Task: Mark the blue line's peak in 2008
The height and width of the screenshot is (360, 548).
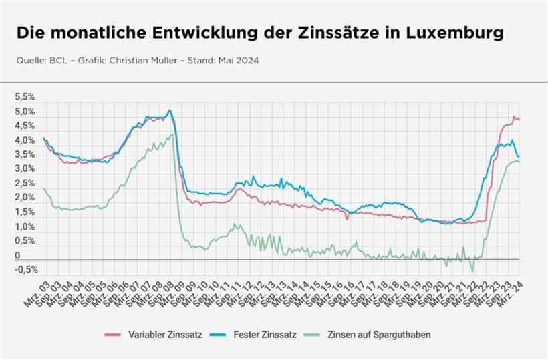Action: [169, 110]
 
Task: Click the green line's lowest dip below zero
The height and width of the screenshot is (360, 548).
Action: [472, 271]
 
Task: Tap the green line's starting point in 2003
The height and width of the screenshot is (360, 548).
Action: [44, 189]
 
